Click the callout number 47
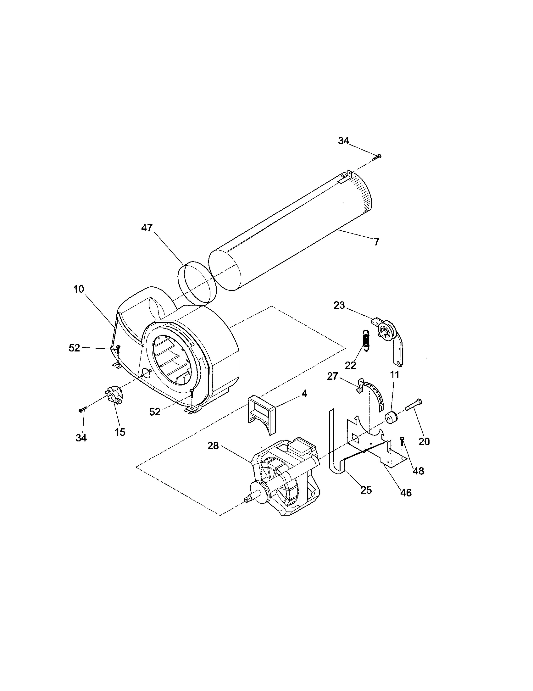tap(147, 228)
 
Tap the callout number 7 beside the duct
tap(376, 242)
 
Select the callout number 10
tap(79, 289)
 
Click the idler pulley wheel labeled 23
tap(386, 331)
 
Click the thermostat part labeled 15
tap(114, 397)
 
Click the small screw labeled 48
tap(402, 441)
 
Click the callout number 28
tap(213, 446)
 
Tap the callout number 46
tap(406, 492)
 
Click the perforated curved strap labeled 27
tap(376, 395)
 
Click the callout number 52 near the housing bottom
tap(155, 412)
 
